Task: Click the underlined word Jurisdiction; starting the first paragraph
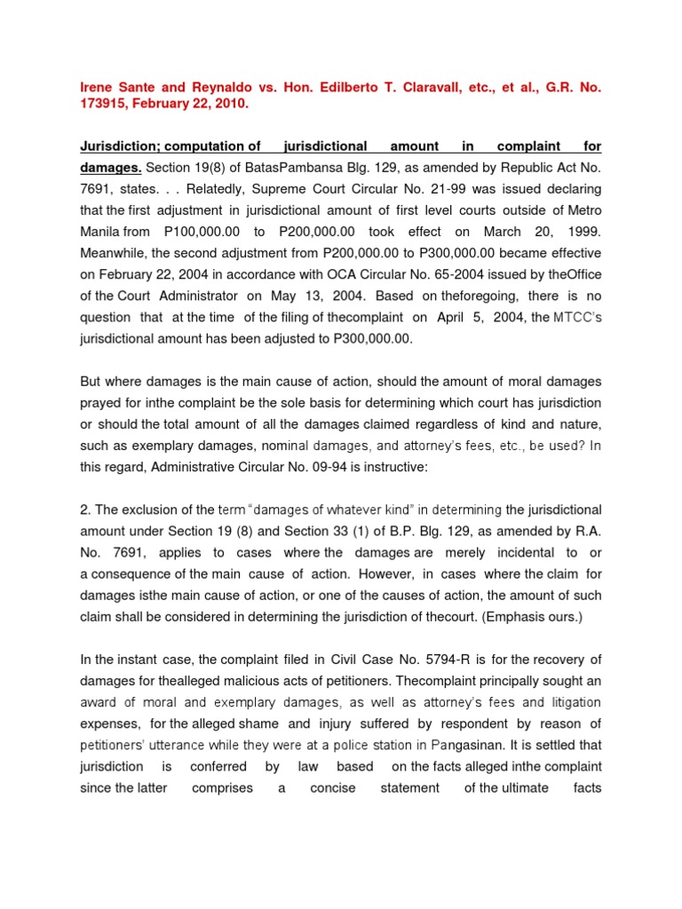[x=122, y=146]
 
